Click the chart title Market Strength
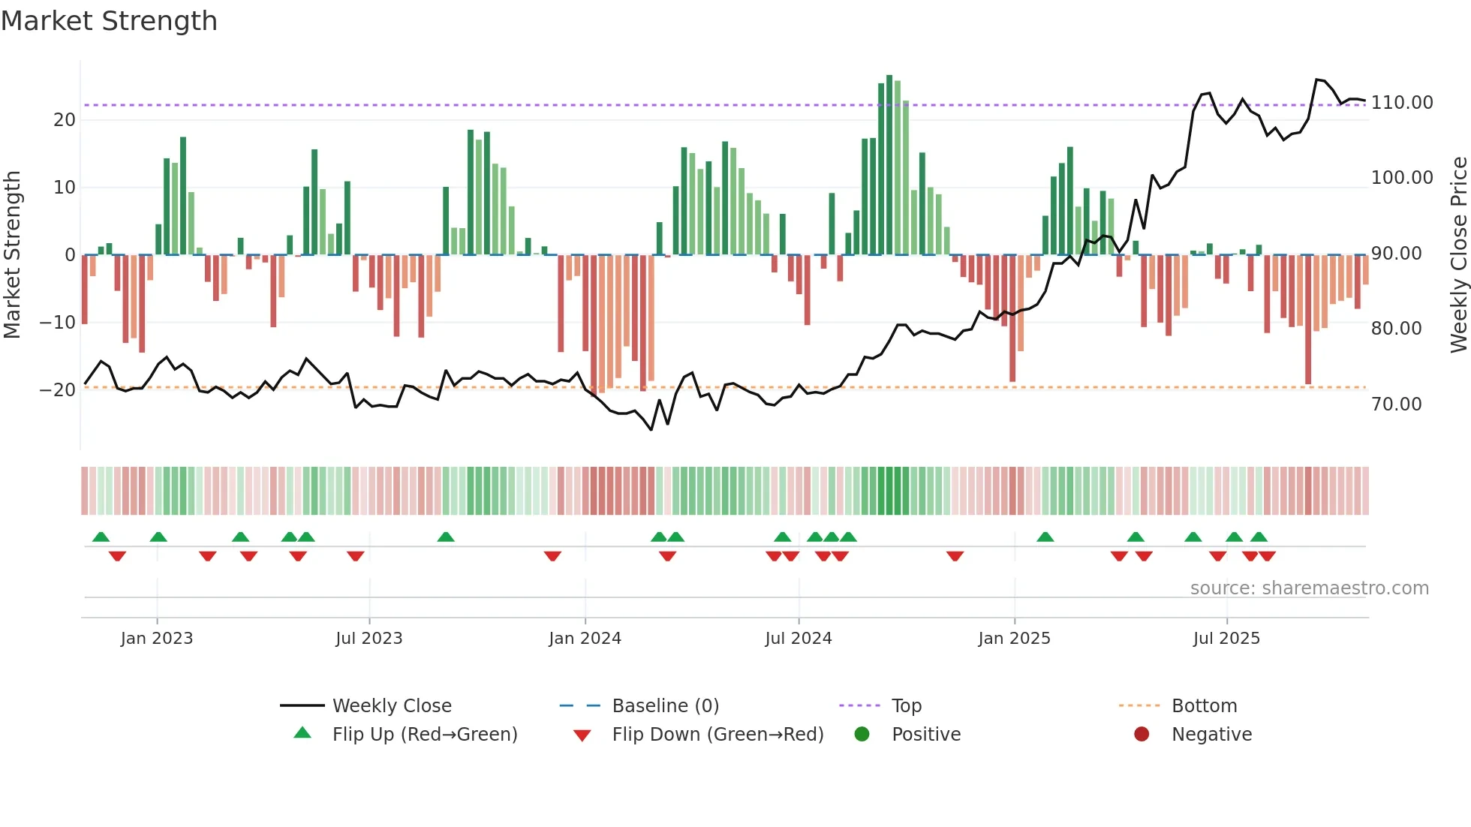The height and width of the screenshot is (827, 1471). pyautogui.click(x=109, y=21)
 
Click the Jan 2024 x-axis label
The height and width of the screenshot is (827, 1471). pyautogui.click(x=585, y=639)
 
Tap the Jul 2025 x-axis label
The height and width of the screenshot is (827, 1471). pyautogui.click(x=1226, y=639)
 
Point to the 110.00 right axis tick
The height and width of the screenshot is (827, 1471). pyautogui.click(x=1401, y=103)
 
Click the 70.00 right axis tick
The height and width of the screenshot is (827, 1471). pyautogui.click(x=1396, y=404)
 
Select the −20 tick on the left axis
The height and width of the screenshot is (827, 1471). pyautogui.click(x=58, y=390)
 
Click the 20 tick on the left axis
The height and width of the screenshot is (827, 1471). pyautogui.click(x=65, y=120)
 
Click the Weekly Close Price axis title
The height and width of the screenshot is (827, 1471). pyautogui.click(x=1458, y=254)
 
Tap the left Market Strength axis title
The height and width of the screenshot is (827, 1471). pyautogui.click(x=13, y=254)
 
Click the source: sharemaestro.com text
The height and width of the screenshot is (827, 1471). pyautogui.click(x=1309, y=588)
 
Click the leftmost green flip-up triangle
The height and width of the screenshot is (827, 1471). pyautogui.click(x=101, y=537)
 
